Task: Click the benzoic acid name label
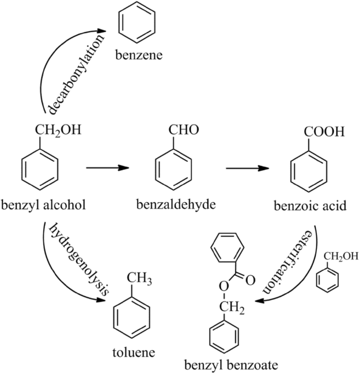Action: (x=310, y=205)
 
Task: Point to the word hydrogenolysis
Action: (x=79, y=257)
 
